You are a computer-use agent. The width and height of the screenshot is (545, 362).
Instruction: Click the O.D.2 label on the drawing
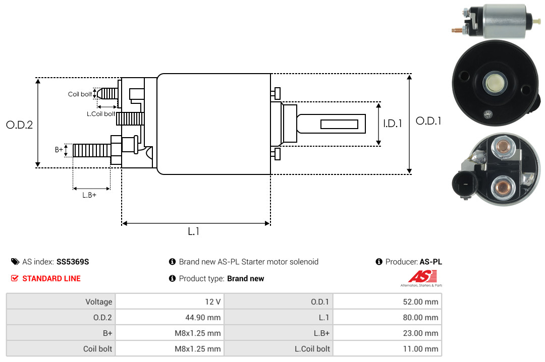click(20, 125)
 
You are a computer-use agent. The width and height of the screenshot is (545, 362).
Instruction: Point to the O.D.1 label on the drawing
click(428, 121)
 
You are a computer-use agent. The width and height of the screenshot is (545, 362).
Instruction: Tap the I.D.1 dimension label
click(393, 124)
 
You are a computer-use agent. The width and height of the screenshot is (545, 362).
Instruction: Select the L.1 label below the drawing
click(194, 231)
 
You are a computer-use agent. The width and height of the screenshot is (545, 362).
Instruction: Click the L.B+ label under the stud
click(89, 195)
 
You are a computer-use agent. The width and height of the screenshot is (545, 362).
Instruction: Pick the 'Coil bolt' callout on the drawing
click(80, 94)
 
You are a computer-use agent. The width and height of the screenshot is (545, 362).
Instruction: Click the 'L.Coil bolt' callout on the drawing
click(101, 114)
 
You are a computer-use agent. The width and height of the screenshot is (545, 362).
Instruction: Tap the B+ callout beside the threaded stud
click(59, 150)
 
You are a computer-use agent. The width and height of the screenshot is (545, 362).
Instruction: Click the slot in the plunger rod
click(339, 125)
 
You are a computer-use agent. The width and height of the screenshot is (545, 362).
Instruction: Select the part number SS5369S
click(73, 262)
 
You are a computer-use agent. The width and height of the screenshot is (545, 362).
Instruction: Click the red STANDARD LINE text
click(51, 279)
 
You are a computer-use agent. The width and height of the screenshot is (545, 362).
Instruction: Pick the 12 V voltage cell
click(170, 301)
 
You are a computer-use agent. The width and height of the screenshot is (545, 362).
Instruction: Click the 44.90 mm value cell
click(170, 317)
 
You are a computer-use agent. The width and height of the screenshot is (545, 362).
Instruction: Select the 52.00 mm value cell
click(387, 301)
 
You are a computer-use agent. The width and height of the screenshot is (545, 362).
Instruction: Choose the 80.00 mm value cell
click(387, 317)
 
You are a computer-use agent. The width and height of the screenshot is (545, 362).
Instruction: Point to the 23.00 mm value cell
click(387, 333)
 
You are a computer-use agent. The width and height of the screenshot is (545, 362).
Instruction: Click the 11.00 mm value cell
click(387, 348)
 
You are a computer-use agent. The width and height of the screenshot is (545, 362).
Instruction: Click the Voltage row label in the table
click(99, 301)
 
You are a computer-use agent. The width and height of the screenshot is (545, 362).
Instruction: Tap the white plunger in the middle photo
click(495, 83)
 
